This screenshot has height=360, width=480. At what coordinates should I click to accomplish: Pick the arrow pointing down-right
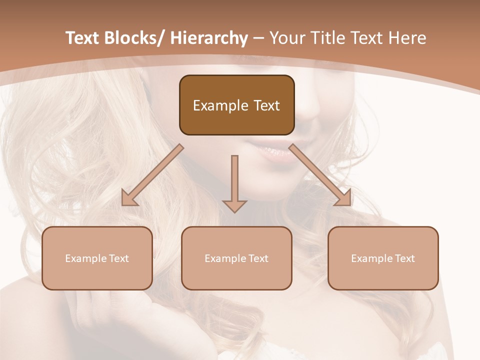click(320, 175)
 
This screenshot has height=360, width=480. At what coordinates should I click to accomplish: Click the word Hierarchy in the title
click(208, 38)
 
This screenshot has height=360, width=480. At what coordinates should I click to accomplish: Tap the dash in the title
click(258, 38)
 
